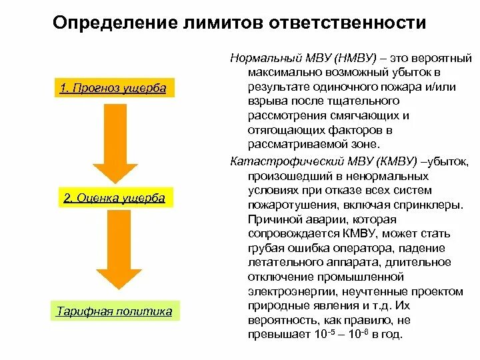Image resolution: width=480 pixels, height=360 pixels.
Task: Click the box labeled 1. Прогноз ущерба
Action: click(x=113, y=89)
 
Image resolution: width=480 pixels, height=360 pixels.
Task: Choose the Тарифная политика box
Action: click(x=114, y=311)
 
